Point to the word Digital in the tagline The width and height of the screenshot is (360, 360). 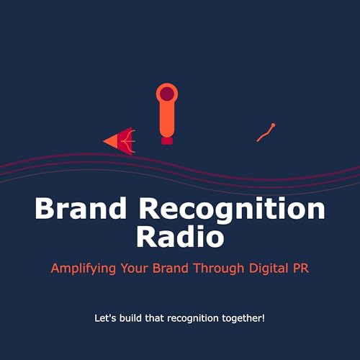coord(267,268)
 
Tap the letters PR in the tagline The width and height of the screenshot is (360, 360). coord(300,268)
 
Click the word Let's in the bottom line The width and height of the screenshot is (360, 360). coord(105,317)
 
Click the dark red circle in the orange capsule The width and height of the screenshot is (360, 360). coord(167,94)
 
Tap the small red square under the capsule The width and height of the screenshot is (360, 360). coord(167,140)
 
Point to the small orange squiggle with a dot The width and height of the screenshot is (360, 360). coord(266,132)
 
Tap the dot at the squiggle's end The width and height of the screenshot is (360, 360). coord(273,126)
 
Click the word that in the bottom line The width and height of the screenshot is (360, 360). coord(156,317)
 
